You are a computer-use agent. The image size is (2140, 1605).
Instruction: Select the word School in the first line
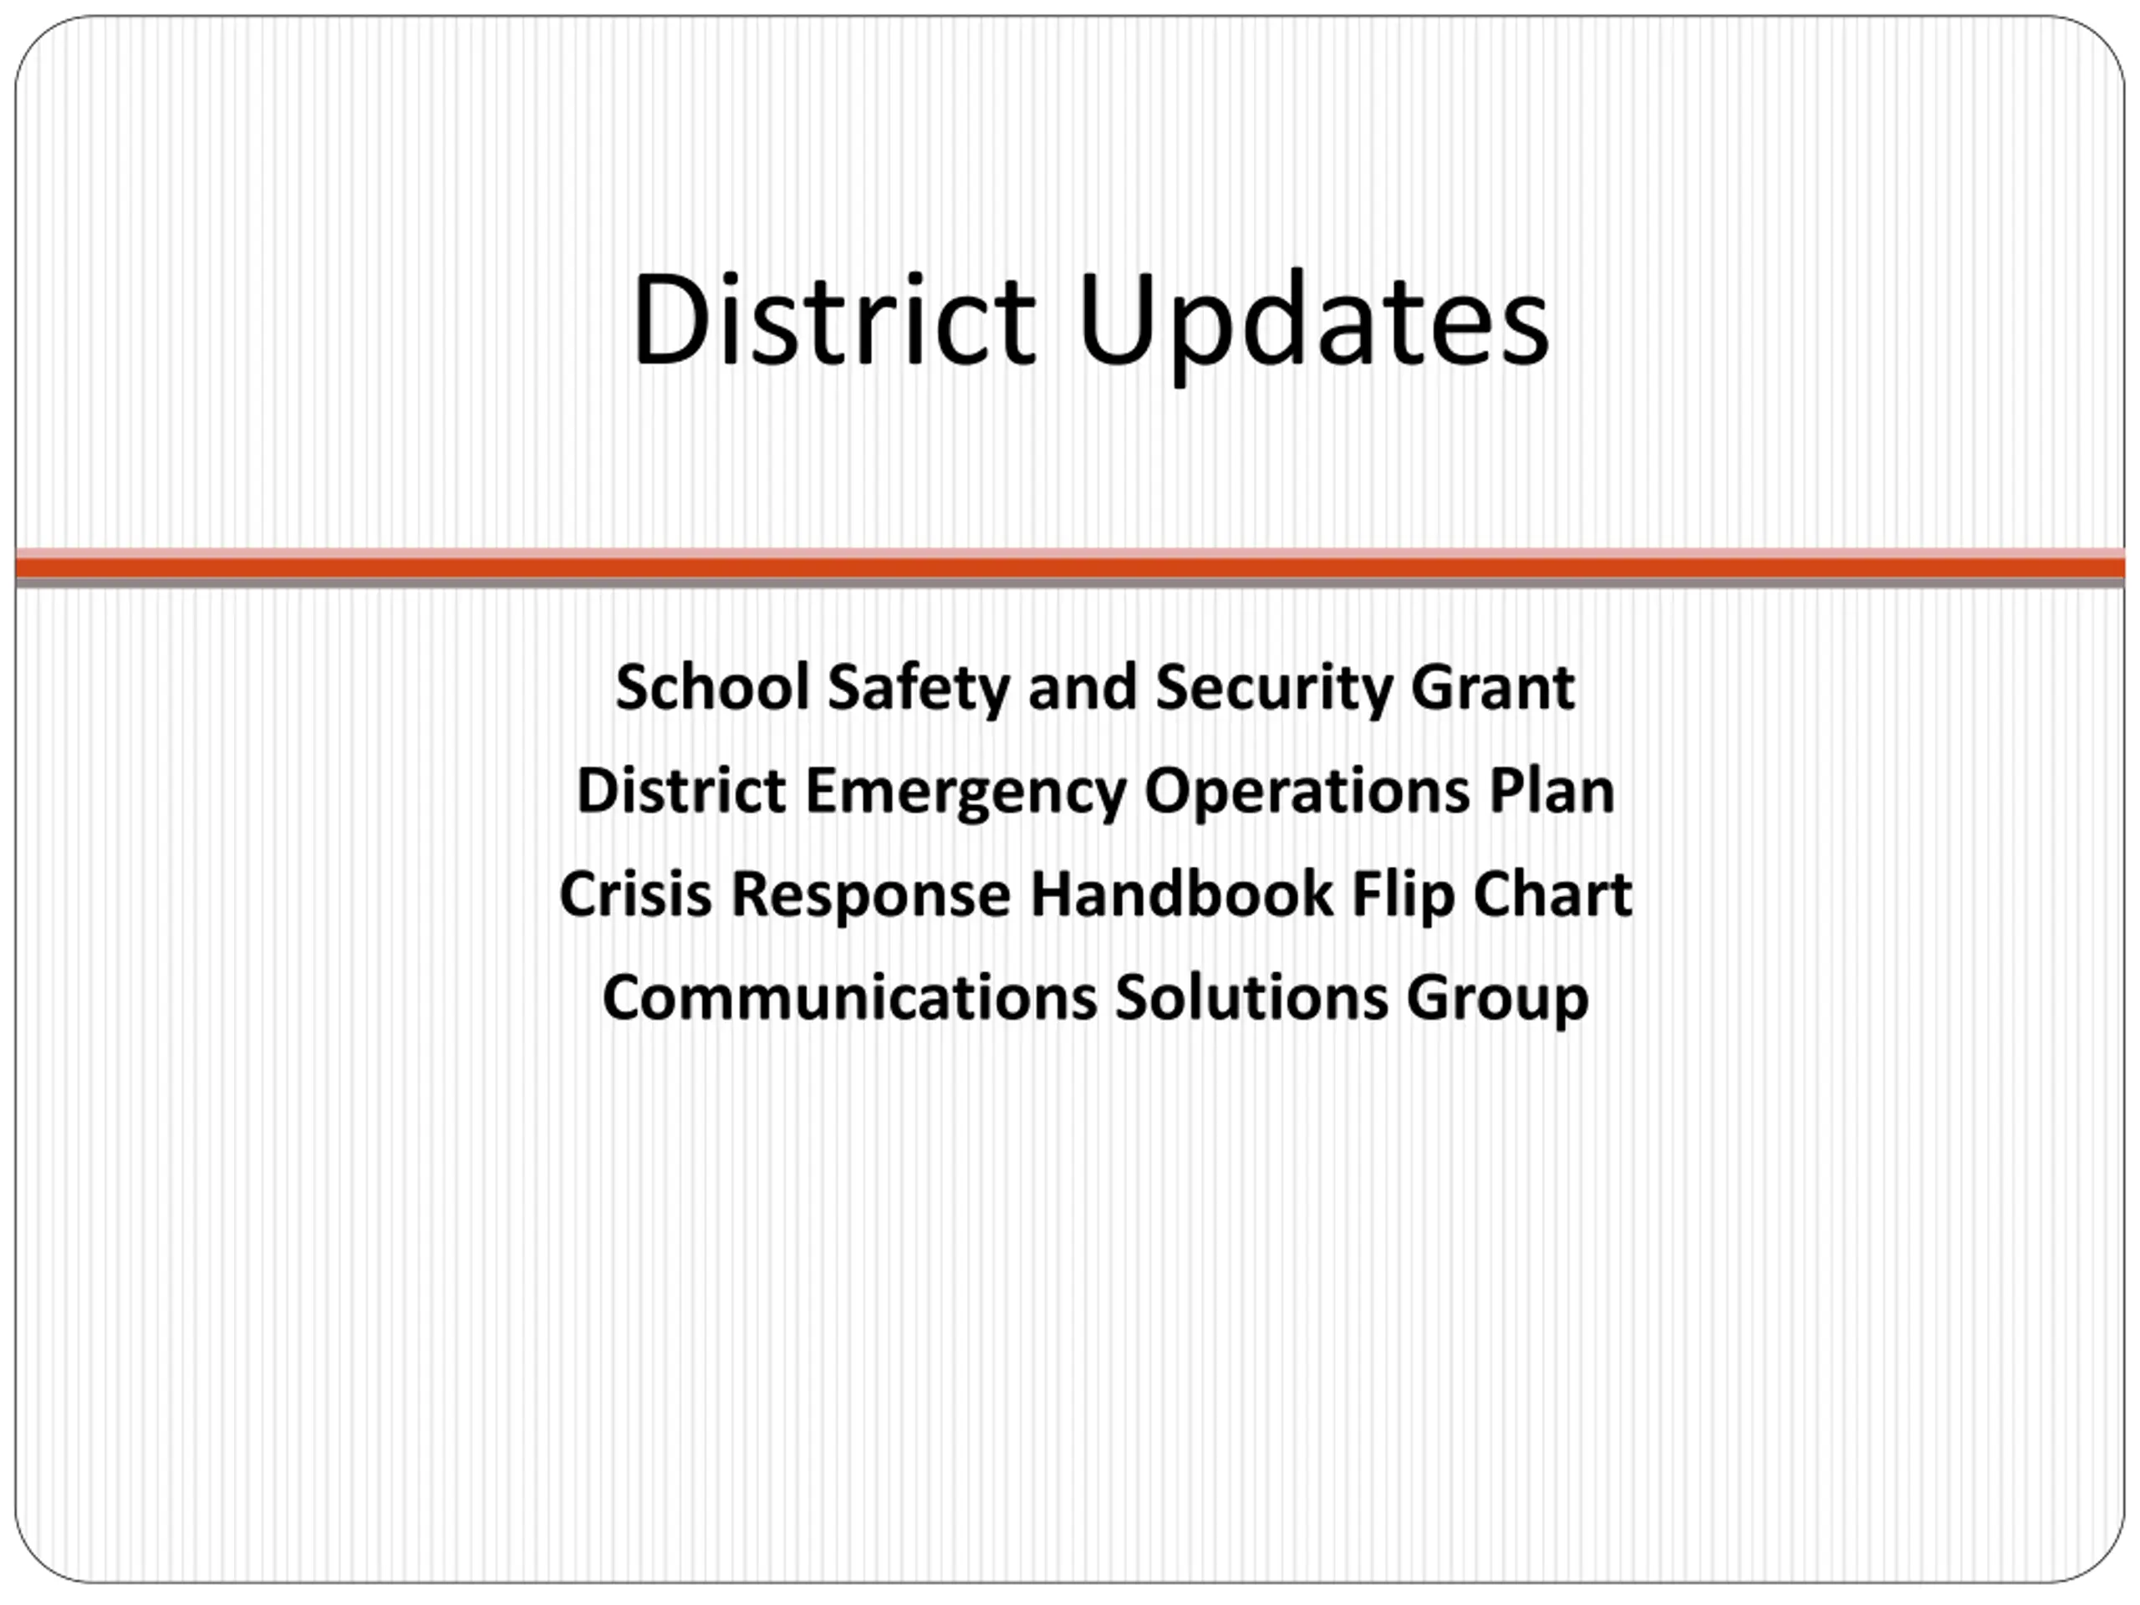click(712, 687)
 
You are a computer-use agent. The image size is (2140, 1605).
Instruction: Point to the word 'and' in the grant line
click(1083, 687)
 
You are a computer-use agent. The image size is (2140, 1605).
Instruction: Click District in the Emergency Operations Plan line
click(681, 791)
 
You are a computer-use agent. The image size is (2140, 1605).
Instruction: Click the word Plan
click(1551, 791)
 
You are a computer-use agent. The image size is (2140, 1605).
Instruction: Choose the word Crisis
click(635, 893)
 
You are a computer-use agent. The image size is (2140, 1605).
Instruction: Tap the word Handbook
click(1181, 893)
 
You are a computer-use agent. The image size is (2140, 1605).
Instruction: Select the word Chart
click(1553, 893)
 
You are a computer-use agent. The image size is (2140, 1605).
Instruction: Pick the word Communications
click(849, 996)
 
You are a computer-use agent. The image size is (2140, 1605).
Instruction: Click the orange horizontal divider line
click(1070, 567)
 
